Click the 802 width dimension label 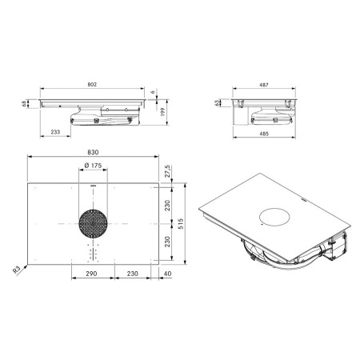(92, 85)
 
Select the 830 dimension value (93, 152)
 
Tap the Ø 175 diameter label (93, 166)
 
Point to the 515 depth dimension (181, 224)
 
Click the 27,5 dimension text (167, 171)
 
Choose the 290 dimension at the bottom (91, 274)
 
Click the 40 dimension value (168, 274)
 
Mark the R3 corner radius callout (17, 270)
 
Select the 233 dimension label (55, 132)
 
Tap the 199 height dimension (163, 112)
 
